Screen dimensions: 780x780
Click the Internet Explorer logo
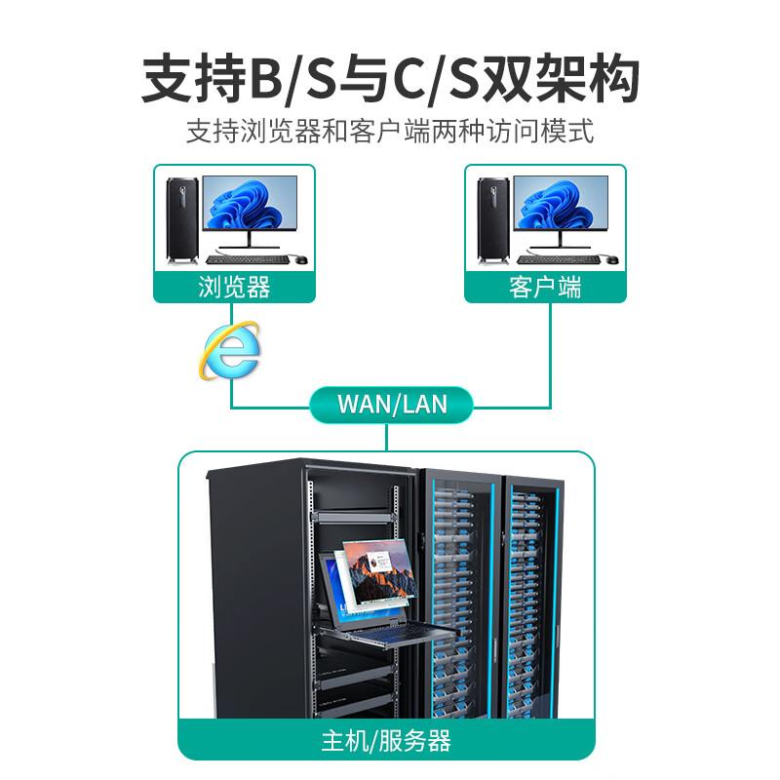(x=230, y=351)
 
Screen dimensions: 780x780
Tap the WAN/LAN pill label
(x=392, y=405)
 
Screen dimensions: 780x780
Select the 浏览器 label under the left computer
(x=234, y=287)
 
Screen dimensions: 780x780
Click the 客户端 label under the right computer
(x=545, y=287)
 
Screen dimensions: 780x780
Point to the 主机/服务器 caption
(x=386, y=741)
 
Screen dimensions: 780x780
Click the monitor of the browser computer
(x=250, y=212)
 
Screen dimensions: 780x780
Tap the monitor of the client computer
(x=561, y=212)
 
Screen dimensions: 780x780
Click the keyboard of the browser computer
(x=248, y=259)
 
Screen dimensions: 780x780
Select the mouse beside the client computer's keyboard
(x=612, y=259)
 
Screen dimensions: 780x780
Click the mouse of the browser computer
(x=301, y=259)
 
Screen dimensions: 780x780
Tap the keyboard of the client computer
(x=558, y=259)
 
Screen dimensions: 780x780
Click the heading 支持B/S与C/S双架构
(x=391, y=80)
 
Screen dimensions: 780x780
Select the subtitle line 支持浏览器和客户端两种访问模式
(x=391, y=132)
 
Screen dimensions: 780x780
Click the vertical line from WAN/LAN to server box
(x=386, y=437)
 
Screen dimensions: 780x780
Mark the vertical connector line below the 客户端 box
(x=550, y=355)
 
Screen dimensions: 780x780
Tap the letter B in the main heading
(x=266, y=80)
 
